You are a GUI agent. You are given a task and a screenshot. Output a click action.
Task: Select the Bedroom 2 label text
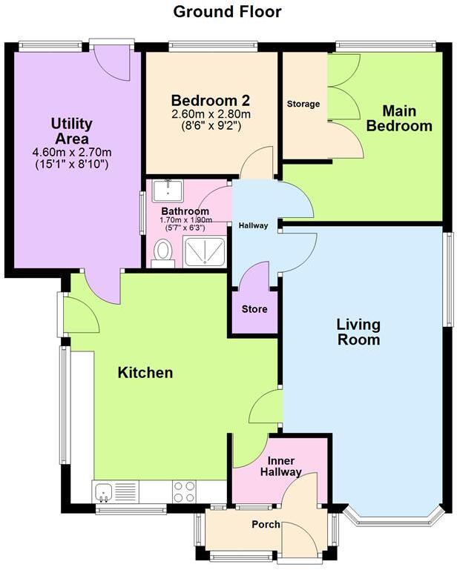pyautogui.click(x=211, y=100)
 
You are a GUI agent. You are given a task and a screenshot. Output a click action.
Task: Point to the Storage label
pyautogui.click(x=303, y=104)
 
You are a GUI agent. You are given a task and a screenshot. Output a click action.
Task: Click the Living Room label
pyautogui.click(x=358, y=332)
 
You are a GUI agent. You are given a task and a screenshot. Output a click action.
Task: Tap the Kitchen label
pyautogui.click(x=145, y=372)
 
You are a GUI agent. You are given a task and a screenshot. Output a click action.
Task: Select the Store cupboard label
pyautogui.click(x=254, y=309)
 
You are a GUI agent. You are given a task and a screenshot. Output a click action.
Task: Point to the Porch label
pyautogui.click(x=266, y=525)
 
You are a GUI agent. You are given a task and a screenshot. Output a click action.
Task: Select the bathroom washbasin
pyautogui.click(x=168, y=191)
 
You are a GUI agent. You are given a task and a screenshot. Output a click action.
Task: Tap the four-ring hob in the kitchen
pyautogui.click(x=184, y=491)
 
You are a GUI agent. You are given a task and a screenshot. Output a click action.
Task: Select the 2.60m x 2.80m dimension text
pyautogui.click(x=211, y=114)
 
